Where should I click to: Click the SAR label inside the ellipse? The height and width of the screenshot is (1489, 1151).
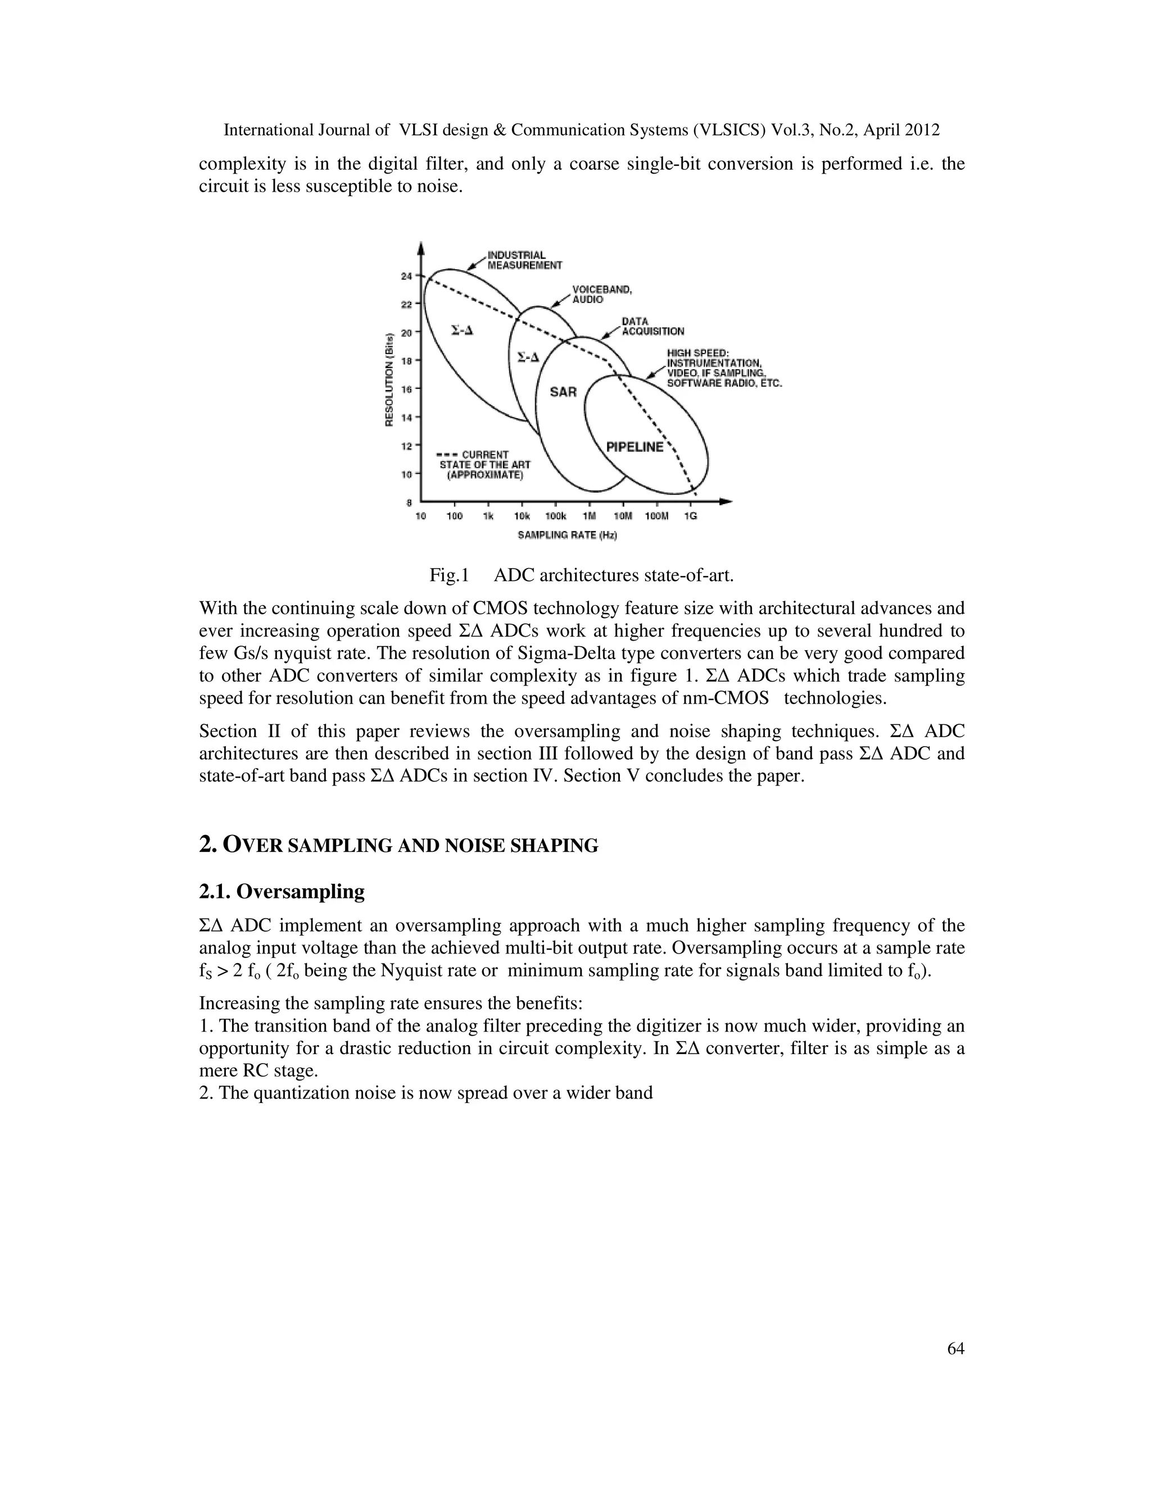pos(563,392)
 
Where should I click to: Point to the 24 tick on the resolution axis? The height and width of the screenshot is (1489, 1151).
pos(406,276)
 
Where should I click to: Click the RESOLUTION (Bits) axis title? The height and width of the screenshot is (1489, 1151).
pos(389,379)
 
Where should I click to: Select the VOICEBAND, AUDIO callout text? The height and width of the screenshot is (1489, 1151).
pos(601,294)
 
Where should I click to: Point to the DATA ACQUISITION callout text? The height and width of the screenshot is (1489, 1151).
pos(652,326)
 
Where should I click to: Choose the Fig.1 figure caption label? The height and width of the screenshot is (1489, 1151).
pos(448,575)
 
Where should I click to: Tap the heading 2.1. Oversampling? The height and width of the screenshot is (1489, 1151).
pos(282,891)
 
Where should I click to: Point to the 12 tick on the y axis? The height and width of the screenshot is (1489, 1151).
pos(406,446)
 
